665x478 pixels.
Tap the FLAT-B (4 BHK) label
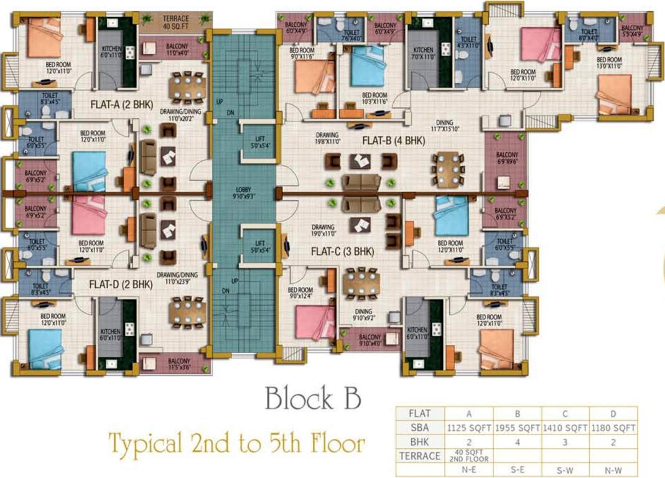pos(393,141)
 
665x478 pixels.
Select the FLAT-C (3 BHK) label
pos(342,251)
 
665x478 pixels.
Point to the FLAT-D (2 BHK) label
pos(121,284)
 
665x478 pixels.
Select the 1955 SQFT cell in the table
pos(517,428)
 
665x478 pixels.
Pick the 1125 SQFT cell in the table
pos(468,428)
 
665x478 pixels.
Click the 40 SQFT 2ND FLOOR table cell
pos(468,456)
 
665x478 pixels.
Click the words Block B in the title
pos(312,399)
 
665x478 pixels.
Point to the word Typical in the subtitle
pos(145,443)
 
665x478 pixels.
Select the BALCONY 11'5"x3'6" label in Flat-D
pos(179,364)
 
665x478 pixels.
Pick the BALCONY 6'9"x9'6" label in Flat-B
pos(506,158)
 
